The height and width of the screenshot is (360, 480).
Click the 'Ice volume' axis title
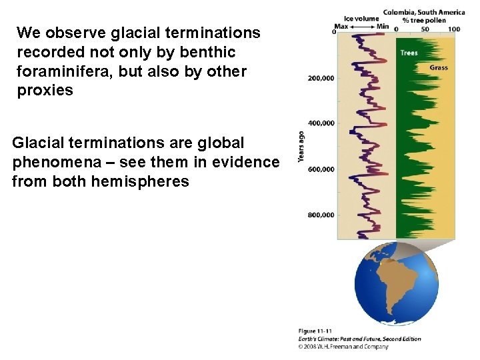click(x=361, y=18)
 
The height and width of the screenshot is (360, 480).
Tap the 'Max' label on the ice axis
click(x=342, y=27)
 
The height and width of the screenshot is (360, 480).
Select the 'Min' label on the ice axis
click(x=382, y=27)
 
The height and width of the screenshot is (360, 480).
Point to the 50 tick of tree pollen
click(x=425, y=29)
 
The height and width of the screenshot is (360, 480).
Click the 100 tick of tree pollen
click(x=453, y=29)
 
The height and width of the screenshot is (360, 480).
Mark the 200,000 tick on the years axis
click(x=320, y=78)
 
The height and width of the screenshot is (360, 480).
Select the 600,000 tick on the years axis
click(x=320, y=169)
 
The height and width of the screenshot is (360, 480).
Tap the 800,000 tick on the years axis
click(x=320, y=215)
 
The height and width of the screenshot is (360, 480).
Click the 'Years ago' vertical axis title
click(x=301, y=147)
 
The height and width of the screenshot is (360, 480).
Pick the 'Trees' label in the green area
click(x=409, y=53)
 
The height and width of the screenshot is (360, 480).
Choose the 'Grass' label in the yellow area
click(x=438, y=67)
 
